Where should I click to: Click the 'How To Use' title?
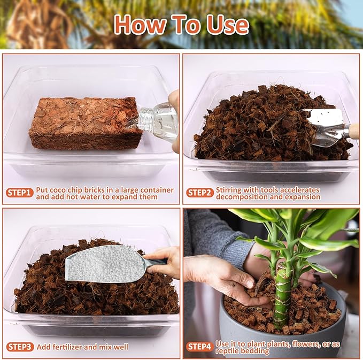point(181,25)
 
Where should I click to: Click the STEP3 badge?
point(20,347)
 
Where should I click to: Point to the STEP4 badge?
point(200,347)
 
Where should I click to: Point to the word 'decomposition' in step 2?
point(242,197)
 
